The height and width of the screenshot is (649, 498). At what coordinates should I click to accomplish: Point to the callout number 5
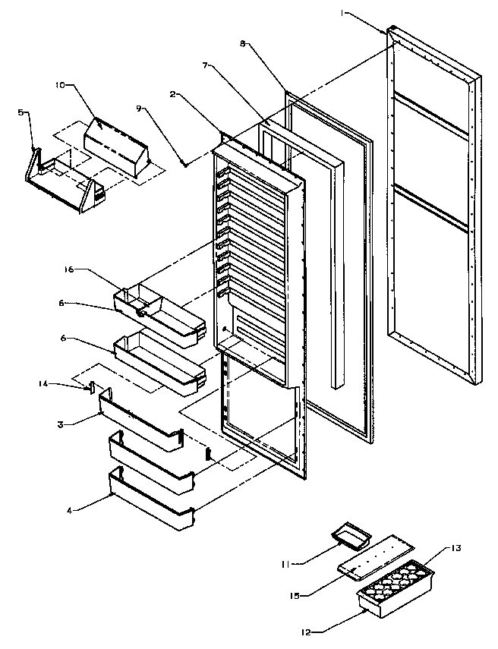(20, 112)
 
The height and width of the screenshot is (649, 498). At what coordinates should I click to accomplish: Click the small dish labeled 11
(351, 537)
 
